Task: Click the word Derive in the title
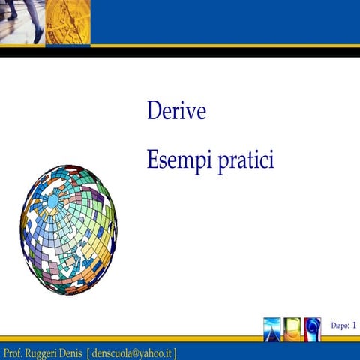click(176, 112)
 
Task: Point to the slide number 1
click(354, 324)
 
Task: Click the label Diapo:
click(340, 325)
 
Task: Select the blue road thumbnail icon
click(273, 328)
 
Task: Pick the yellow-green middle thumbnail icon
click(293, 328)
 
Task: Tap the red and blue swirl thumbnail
click(312, 328)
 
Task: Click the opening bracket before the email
click(88, 352)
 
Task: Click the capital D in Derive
click(154, 112)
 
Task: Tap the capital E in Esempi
click(152, 160)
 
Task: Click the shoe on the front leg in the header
click(37, 37)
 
